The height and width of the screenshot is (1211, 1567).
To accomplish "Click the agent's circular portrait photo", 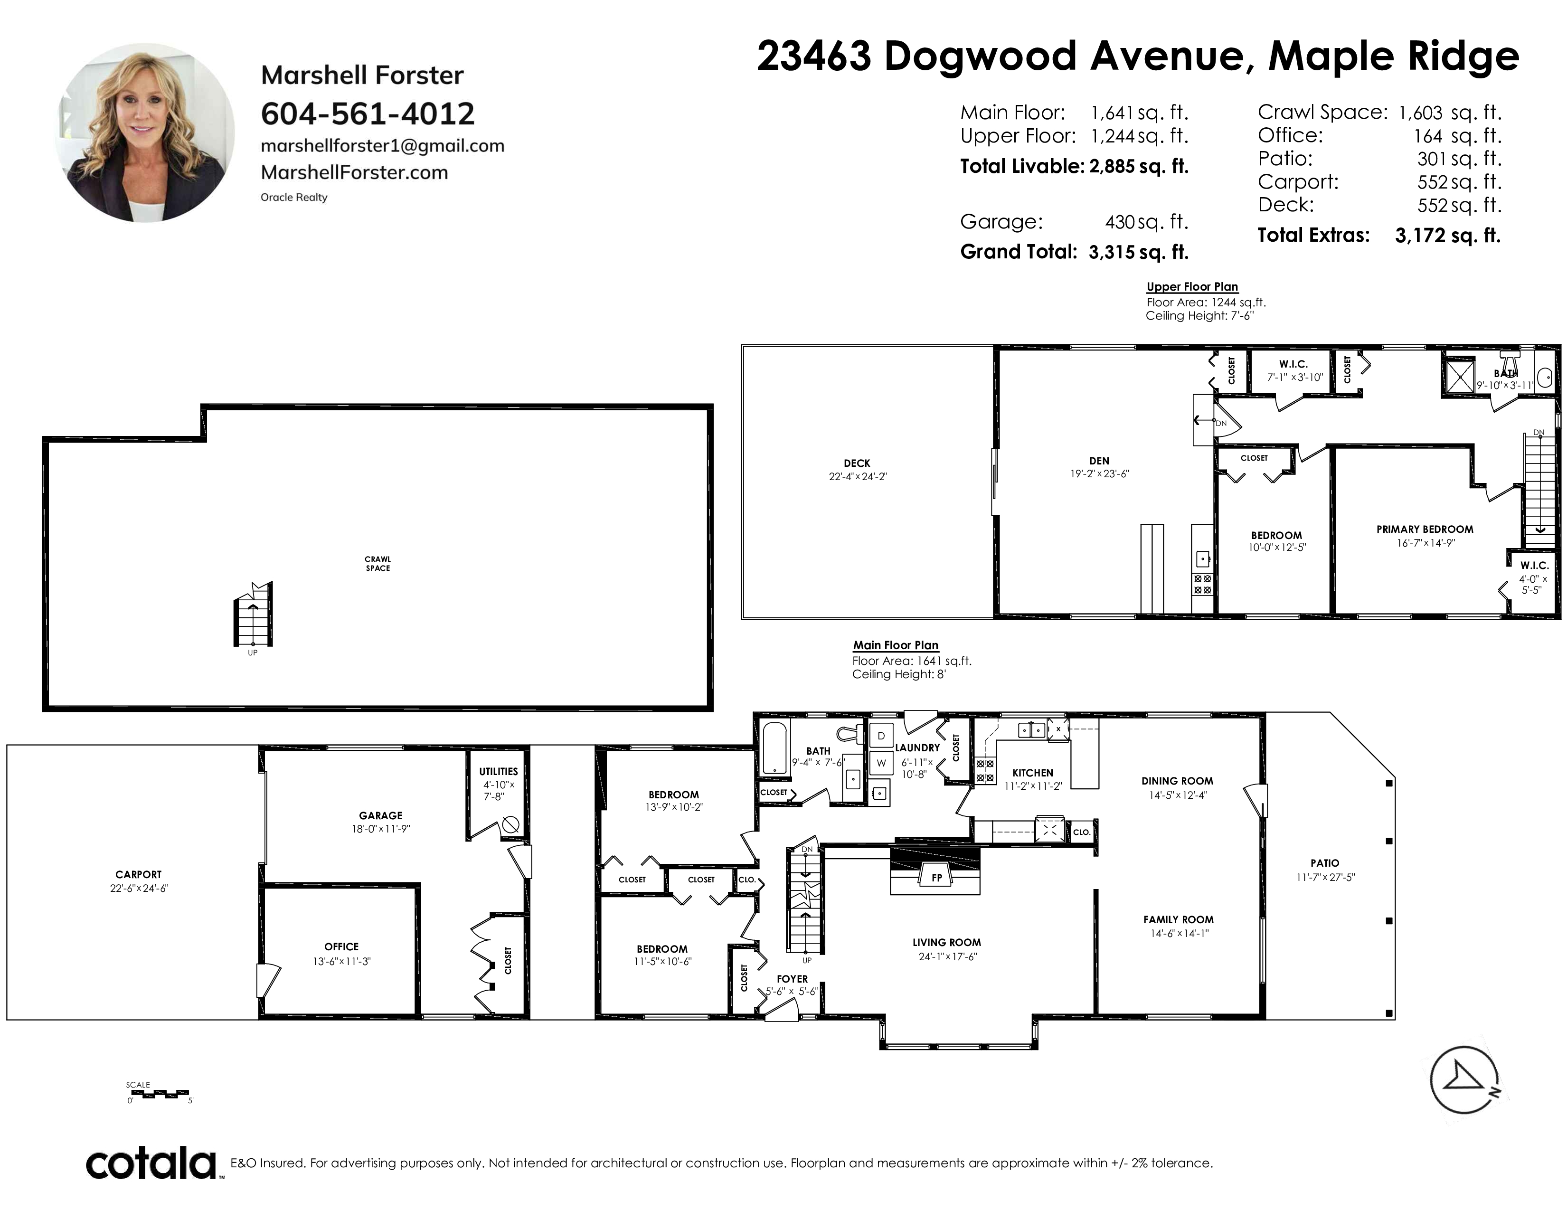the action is click(145, 132).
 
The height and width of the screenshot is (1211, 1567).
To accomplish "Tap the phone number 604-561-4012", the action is click(368, 114).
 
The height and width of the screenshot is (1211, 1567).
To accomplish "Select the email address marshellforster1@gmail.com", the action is click(382, 146).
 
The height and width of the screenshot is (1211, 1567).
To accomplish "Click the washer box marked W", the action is click(881, 763).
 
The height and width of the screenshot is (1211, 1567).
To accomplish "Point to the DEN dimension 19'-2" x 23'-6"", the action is click(1099, 473).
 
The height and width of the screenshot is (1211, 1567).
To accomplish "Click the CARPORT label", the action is click(139, 874).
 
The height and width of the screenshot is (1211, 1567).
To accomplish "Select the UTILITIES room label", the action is click(499, 772).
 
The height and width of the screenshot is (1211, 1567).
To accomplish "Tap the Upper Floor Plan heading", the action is click(1192, 287).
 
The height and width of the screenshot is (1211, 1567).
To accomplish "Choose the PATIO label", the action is click(1324, 863).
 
